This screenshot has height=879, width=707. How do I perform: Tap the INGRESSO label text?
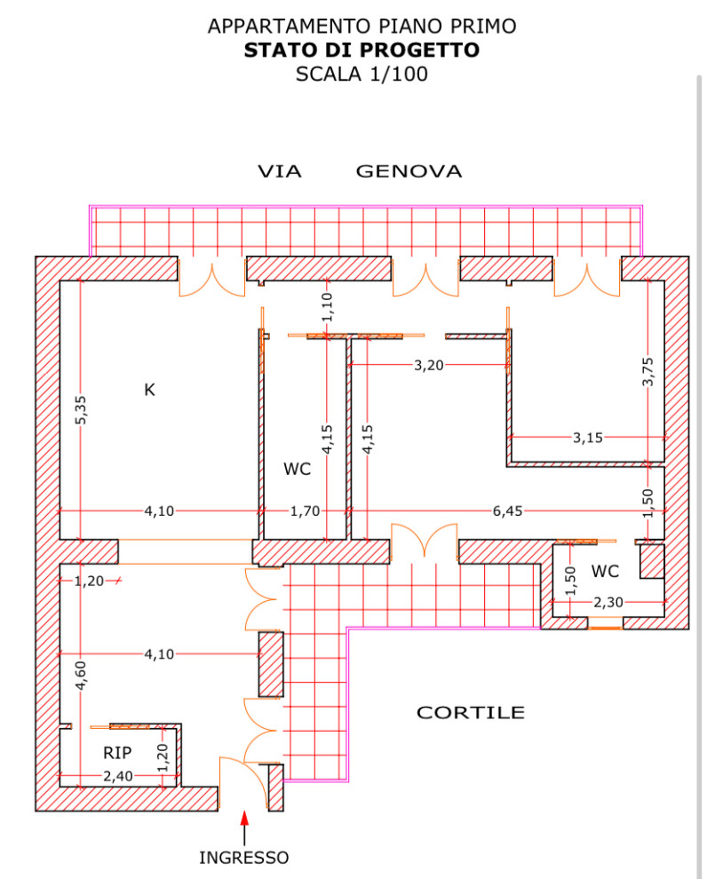point(243,858)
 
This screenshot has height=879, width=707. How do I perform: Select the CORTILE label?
point(471,712)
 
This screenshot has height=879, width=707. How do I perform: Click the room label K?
point(149,389)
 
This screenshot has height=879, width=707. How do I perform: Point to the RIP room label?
point(117,753)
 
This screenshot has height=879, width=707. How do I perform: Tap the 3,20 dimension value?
point(429,365)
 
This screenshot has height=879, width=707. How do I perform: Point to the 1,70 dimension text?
point(305,511)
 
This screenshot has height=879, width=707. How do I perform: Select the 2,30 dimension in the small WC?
point(608,602)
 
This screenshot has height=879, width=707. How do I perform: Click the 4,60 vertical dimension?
point(81,675)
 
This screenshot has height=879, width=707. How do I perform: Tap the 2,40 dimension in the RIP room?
point(118,777)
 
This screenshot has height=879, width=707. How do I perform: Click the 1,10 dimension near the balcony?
point(326,306)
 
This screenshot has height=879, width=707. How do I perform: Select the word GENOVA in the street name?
point(409,171)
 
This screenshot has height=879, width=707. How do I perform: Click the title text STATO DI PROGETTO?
point(361,51)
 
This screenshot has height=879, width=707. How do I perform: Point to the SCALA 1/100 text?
point(361,75)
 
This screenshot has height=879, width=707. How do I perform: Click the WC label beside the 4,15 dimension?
point(298,470)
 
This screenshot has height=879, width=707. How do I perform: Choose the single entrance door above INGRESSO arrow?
point(242,781)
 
